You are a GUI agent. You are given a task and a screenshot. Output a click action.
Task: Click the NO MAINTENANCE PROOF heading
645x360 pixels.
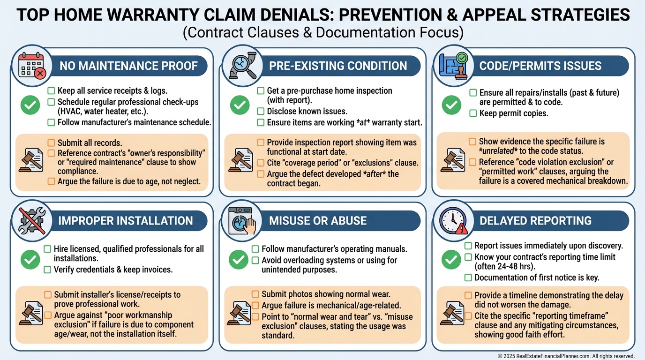pyautogui.click(x=128, y=66)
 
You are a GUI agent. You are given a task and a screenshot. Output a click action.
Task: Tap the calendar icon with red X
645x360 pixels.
pyautogui.click(x=31, y=66)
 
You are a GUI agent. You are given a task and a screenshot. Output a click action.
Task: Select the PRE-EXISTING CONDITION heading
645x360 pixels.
pyautogui.click(x=337, y=66)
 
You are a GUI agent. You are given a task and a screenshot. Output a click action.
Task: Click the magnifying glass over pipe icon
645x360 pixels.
pyautogui.click(x=239, y=66)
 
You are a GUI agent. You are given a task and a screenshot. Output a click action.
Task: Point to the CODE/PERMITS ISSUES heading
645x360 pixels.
pyautogui.click(x=540, y=66)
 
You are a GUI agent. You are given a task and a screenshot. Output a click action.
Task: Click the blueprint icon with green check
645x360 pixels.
pyautogui.click(x=451, y=66)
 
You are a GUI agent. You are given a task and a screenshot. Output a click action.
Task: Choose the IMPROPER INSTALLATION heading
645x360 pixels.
pyautogui.click(x=125, y=221)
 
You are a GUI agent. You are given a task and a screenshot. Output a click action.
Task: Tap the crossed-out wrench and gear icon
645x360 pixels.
pyautogui.click(x=31, y=220)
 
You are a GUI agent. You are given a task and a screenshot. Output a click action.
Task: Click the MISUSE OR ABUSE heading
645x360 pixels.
pyautogui.click(x=317, y=221)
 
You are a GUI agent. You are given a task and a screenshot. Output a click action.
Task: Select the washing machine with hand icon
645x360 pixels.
pyautogui.click(x=240, y=220)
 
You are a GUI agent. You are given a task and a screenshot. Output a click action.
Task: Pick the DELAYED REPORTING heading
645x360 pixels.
pyautogui.click(x=535, y=221)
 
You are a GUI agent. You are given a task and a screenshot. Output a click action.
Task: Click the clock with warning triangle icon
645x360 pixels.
pyautogui.click(x=452, y=220)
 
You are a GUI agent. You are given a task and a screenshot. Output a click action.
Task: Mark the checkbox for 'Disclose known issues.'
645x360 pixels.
pyautogui.click(x=260, y=112)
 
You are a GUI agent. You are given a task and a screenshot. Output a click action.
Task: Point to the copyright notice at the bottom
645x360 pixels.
pyautogui.click(x=566, y=356)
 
